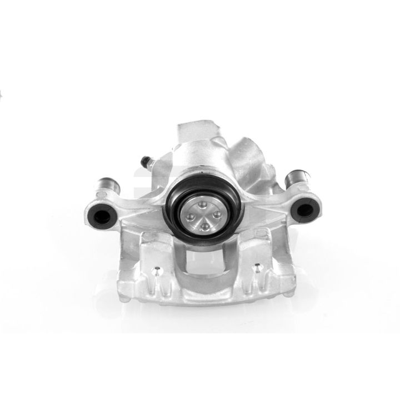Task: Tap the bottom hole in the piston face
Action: pyautogui.click(x=205, y=226)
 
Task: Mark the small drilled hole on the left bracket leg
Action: pyautogui.click(x=157, y=273)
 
